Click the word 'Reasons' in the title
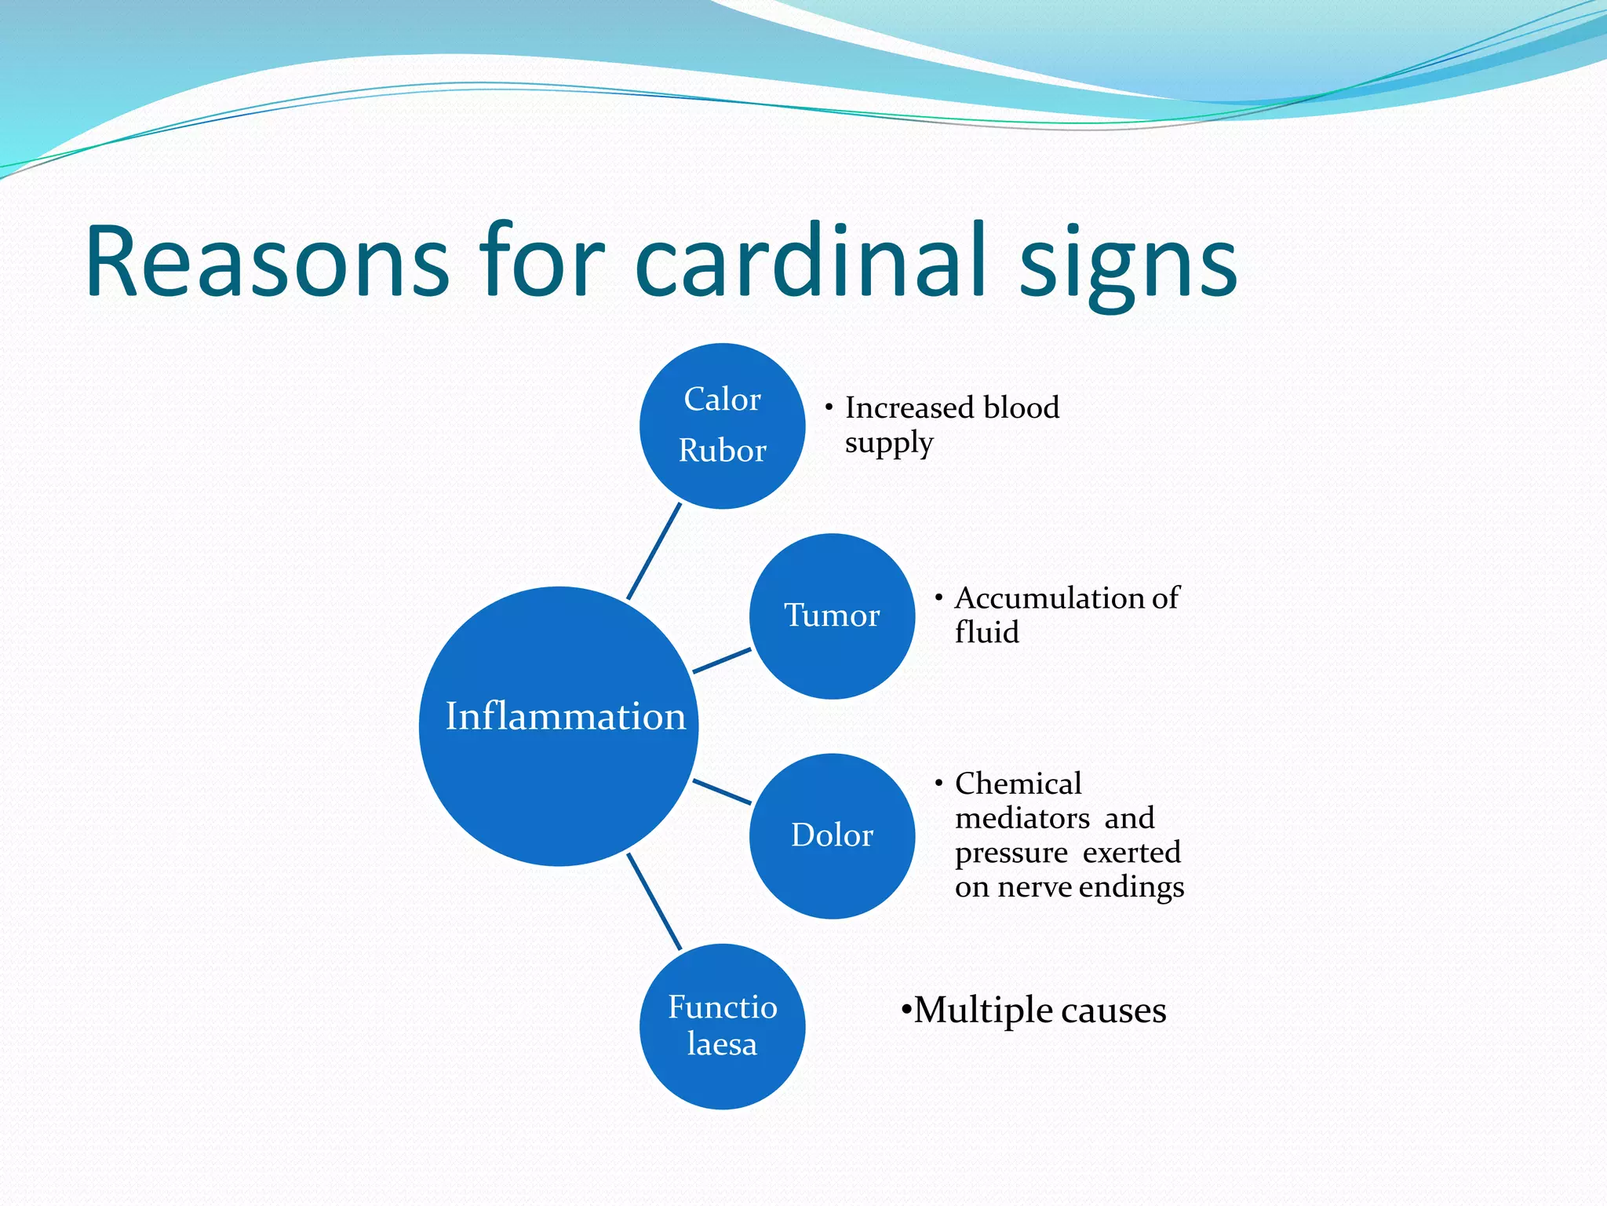point(267,261)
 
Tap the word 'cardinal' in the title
point(809,261)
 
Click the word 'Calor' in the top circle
point(722,400)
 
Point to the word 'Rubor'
point(722,451)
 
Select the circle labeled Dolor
point(832,872)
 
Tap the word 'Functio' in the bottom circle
point(722,1007)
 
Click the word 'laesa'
point(722,1044)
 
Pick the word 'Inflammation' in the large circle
point(565,716)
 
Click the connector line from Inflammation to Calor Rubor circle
point(654,551)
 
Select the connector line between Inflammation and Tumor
point(722,660)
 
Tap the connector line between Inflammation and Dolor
point(722,791)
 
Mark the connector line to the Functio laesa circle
point(654,901)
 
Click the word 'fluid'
point(986,632)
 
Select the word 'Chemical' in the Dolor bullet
point(1018,784)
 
